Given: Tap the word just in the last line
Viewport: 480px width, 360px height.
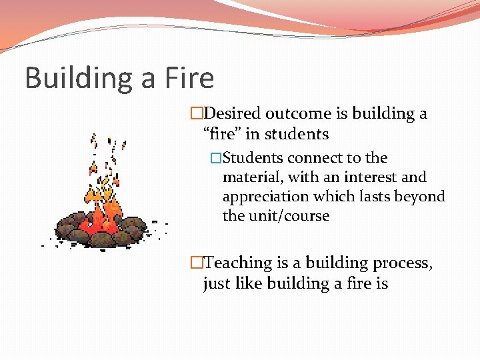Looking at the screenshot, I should point(217,284).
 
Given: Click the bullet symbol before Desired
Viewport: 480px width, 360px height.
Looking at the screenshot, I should point(195,114).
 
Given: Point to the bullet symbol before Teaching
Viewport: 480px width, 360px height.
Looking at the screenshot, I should point(195,263).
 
